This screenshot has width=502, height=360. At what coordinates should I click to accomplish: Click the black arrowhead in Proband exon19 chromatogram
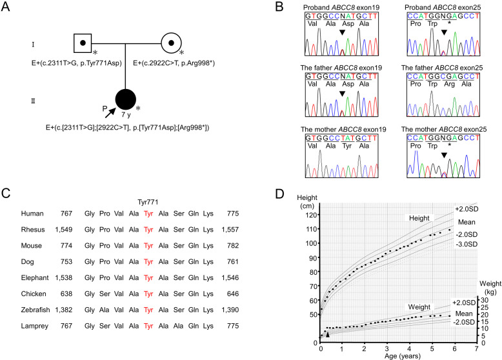tap(343, 32)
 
